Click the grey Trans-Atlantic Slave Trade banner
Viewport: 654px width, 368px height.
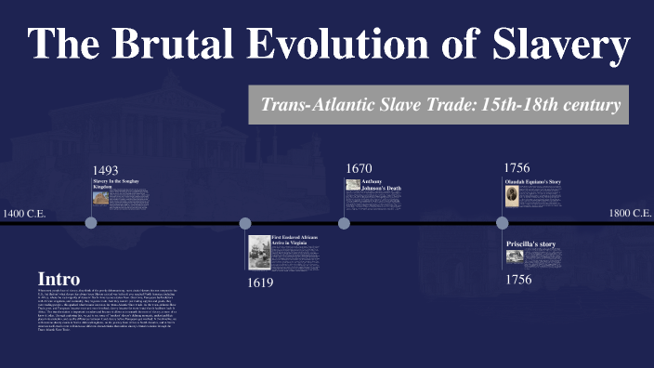click(x=438, y=105)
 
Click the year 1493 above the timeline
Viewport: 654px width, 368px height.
click(x=107, y=170)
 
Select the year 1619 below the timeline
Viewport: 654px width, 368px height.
click(x=260, y=283)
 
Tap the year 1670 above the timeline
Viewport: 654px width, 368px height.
click(x=359, y=168)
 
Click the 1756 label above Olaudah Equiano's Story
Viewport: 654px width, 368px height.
click(x=517, y=168)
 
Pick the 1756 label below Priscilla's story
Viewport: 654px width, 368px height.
click(x=517, y=279)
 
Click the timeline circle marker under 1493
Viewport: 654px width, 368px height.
click(x=91, y=223)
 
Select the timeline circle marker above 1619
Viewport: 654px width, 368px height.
click(x=245, y=223)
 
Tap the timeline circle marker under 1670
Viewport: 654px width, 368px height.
click(x=344, y=223)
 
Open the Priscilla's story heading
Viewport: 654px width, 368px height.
click(x=530, y=244)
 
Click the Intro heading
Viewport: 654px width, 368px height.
click(x=59, y=279)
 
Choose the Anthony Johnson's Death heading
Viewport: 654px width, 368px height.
click(x=381, y=184)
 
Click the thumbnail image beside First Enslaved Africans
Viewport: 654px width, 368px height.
click(x=259, y=252)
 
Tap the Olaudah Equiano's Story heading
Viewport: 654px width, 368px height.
click(x=533, y=181)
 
